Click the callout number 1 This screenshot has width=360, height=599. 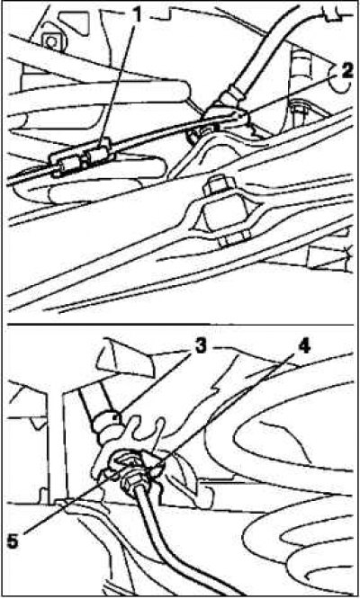[x=137, y=15]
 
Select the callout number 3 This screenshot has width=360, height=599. [x=200, y=347]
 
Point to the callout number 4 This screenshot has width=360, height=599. [x=303, y=347]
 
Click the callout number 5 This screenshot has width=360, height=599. [x=13, y=541]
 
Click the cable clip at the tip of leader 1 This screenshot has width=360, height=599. [x=99, y=155]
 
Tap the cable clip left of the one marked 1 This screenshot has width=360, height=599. [x=68, y=165]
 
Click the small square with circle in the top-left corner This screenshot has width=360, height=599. [x=50, y=40]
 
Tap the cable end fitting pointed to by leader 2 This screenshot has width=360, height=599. [x=226, y=114]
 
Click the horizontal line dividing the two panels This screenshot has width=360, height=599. [x=181, y=325]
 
